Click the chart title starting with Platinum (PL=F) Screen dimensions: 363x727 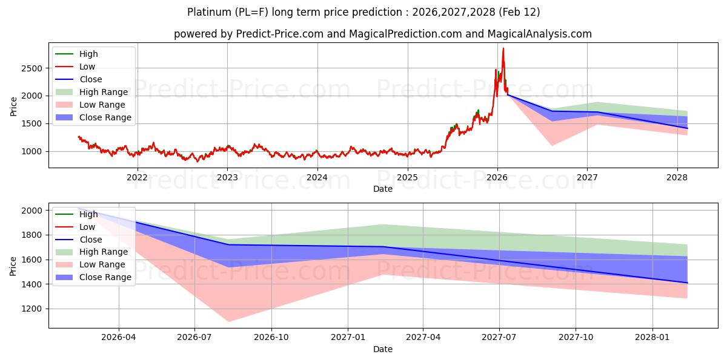(x=363, y=12)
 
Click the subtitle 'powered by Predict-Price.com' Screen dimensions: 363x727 (x=382, y=34)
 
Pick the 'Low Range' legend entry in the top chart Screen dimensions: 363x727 (x=103, y=105)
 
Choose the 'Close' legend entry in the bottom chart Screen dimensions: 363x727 (x=90, y=240)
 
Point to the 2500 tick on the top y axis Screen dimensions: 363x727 (x=33, y=68)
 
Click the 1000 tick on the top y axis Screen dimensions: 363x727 (x=33, y=151)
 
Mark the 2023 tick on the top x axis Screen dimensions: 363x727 (x=227, y=177)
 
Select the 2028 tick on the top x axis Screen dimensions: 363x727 (x=677, y=177)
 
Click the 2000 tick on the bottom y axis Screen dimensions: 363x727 (x=33, y=211)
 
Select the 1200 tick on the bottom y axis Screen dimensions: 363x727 (x=33, y=309)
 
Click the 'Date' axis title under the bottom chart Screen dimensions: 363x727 (x=382, y=349)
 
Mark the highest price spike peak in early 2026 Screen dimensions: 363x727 (x=503, y=48)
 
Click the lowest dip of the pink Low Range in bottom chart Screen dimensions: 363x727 (x=228, y=321)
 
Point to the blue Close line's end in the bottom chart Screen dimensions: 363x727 (x=687, y=283)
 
